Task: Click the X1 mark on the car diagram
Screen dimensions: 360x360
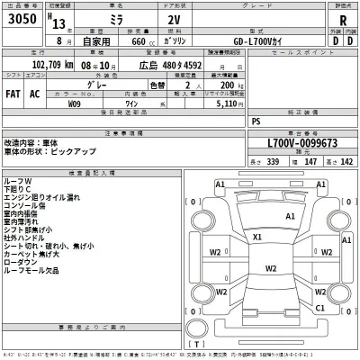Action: point(257,237)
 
